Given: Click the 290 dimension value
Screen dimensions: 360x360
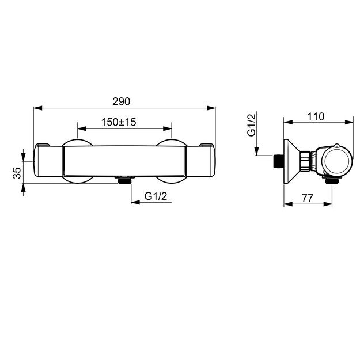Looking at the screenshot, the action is [121, 101].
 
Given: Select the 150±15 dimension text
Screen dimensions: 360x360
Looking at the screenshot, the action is [119, 122].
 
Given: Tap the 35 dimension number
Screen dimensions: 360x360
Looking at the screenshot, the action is [17, 173].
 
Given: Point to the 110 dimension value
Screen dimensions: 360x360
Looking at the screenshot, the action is [316, 116].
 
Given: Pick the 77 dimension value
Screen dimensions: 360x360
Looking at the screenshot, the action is [308, 198].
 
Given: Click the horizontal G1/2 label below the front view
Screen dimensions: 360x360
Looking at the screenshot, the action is [156, 196].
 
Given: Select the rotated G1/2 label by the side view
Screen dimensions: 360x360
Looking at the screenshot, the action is [251, 125].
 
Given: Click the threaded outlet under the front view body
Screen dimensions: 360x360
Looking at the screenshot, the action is [124, 180].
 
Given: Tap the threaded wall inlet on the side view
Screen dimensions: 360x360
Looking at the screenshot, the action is [278, 161].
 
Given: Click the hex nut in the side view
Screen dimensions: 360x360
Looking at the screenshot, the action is [306, 161].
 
